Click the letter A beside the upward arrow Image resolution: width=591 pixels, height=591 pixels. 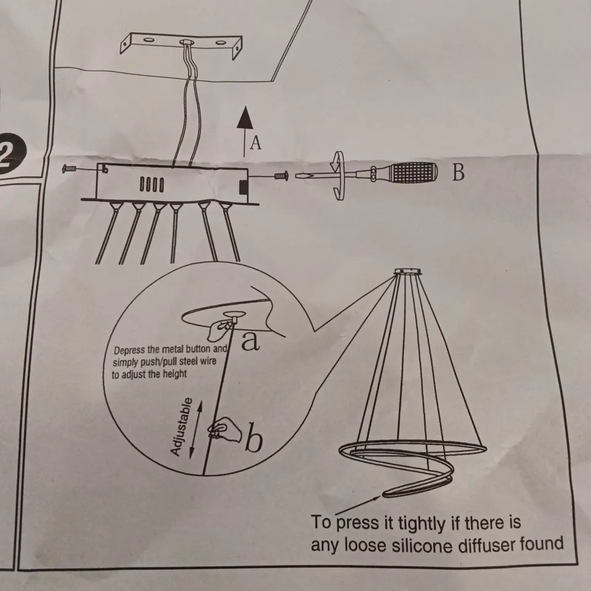pos(255,143)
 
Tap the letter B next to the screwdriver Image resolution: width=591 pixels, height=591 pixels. pos(458,172)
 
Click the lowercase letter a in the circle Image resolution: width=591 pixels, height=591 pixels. pos(251,341)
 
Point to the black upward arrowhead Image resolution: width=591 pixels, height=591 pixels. pos(245,118)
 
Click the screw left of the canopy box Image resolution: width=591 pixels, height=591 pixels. pos(70,168)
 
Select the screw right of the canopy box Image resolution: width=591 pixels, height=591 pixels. pos(281,175)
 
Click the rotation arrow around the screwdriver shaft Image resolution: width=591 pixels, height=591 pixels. pos(338,175)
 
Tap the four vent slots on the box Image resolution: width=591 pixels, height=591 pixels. pos(151,185)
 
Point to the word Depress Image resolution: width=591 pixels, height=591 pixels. pos(129,350)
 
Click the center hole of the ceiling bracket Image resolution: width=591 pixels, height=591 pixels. pos(186,42)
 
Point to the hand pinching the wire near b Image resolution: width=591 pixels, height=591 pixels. pos(225,429)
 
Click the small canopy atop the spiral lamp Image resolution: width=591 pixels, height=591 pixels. pos(408,271)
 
